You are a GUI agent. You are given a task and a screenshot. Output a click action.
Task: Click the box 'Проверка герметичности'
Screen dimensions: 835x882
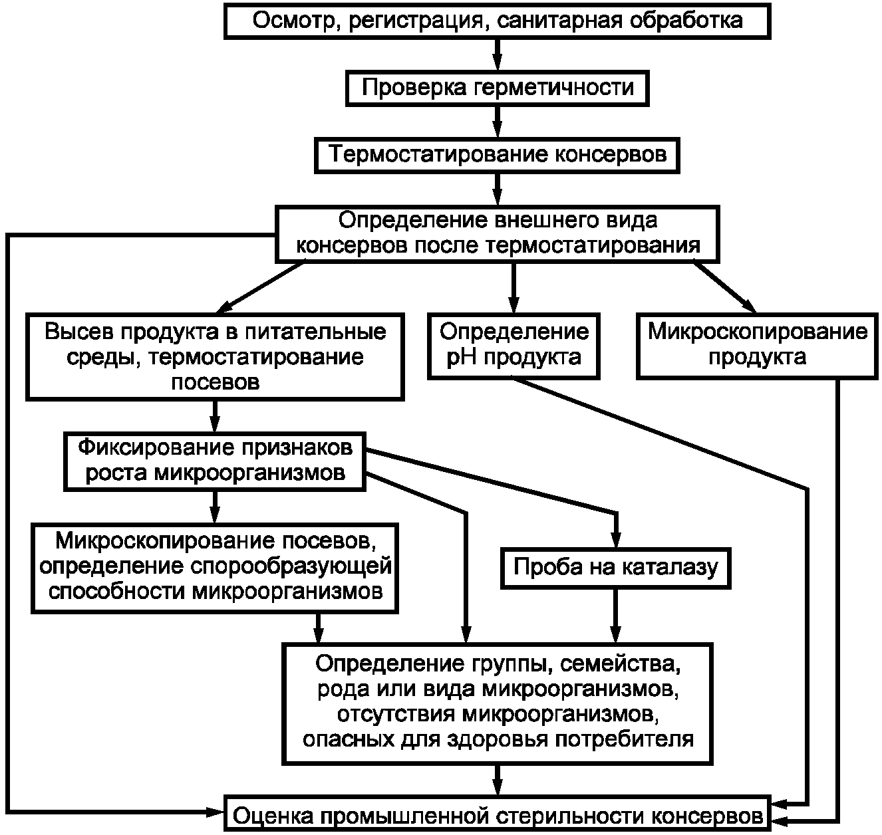coord(497,88)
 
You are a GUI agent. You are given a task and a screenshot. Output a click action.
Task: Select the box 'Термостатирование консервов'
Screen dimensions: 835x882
coord(497,155)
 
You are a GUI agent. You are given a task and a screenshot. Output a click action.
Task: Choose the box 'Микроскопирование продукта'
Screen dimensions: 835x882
coord(757,344)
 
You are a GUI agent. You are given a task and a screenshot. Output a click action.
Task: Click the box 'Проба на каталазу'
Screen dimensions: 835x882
coord(616,567)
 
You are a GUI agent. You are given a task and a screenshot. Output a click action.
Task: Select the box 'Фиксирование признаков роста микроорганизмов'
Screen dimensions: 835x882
coord(215,460)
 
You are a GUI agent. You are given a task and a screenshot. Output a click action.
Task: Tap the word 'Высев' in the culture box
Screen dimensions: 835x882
coord(77,331)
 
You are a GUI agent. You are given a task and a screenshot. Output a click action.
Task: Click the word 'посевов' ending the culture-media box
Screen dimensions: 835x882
coord(215,382)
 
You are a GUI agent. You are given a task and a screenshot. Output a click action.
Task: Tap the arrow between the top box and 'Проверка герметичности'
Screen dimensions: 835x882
coord(497,54)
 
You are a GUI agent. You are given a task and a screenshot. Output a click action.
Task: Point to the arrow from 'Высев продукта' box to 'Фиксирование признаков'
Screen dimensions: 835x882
coord(215,416)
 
